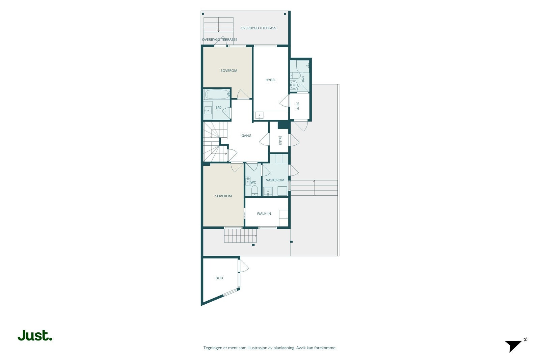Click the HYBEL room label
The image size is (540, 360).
click(271, 80)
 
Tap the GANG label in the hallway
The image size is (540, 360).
click(246, 136)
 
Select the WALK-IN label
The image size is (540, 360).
click(264, 214)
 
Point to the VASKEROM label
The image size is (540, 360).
click(275, 180)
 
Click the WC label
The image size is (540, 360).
click(253, 183)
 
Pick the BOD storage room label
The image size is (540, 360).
click(219, 278)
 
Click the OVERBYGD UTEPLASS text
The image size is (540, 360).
click(258, 28)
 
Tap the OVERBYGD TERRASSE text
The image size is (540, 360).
click(219, 39)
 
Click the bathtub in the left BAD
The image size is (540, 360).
click(217, 94)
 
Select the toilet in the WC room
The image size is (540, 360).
click(254, 191)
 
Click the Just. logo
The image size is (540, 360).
click(35, 335)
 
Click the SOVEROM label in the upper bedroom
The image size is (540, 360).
click(229, 71)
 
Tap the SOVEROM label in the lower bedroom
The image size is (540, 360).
click(223, 196)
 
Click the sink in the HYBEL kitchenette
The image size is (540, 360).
click(260, 115)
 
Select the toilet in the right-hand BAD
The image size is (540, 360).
click(295, 76)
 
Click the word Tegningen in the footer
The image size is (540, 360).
click(212, 348)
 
